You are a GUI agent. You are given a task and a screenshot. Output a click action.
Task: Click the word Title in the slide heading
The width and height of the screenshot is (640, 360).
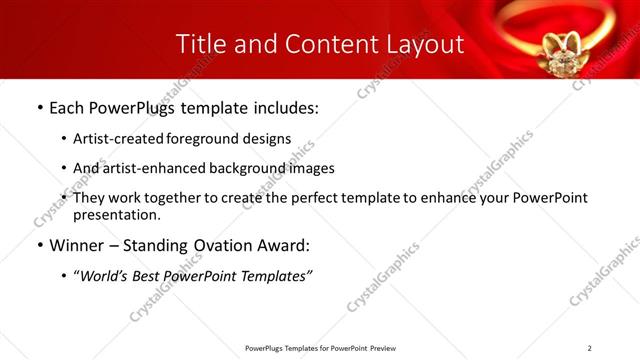201,44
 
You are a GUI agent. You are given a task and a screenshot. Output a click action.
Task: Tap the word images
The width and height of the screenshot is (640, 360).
309,168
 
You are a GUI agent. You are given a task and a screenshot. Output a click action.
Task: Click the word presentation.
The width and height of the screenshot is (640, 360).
117,214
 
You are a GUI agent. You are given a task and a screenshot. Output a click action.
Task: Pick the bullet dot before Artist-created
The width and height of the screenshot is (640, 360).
64,139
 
